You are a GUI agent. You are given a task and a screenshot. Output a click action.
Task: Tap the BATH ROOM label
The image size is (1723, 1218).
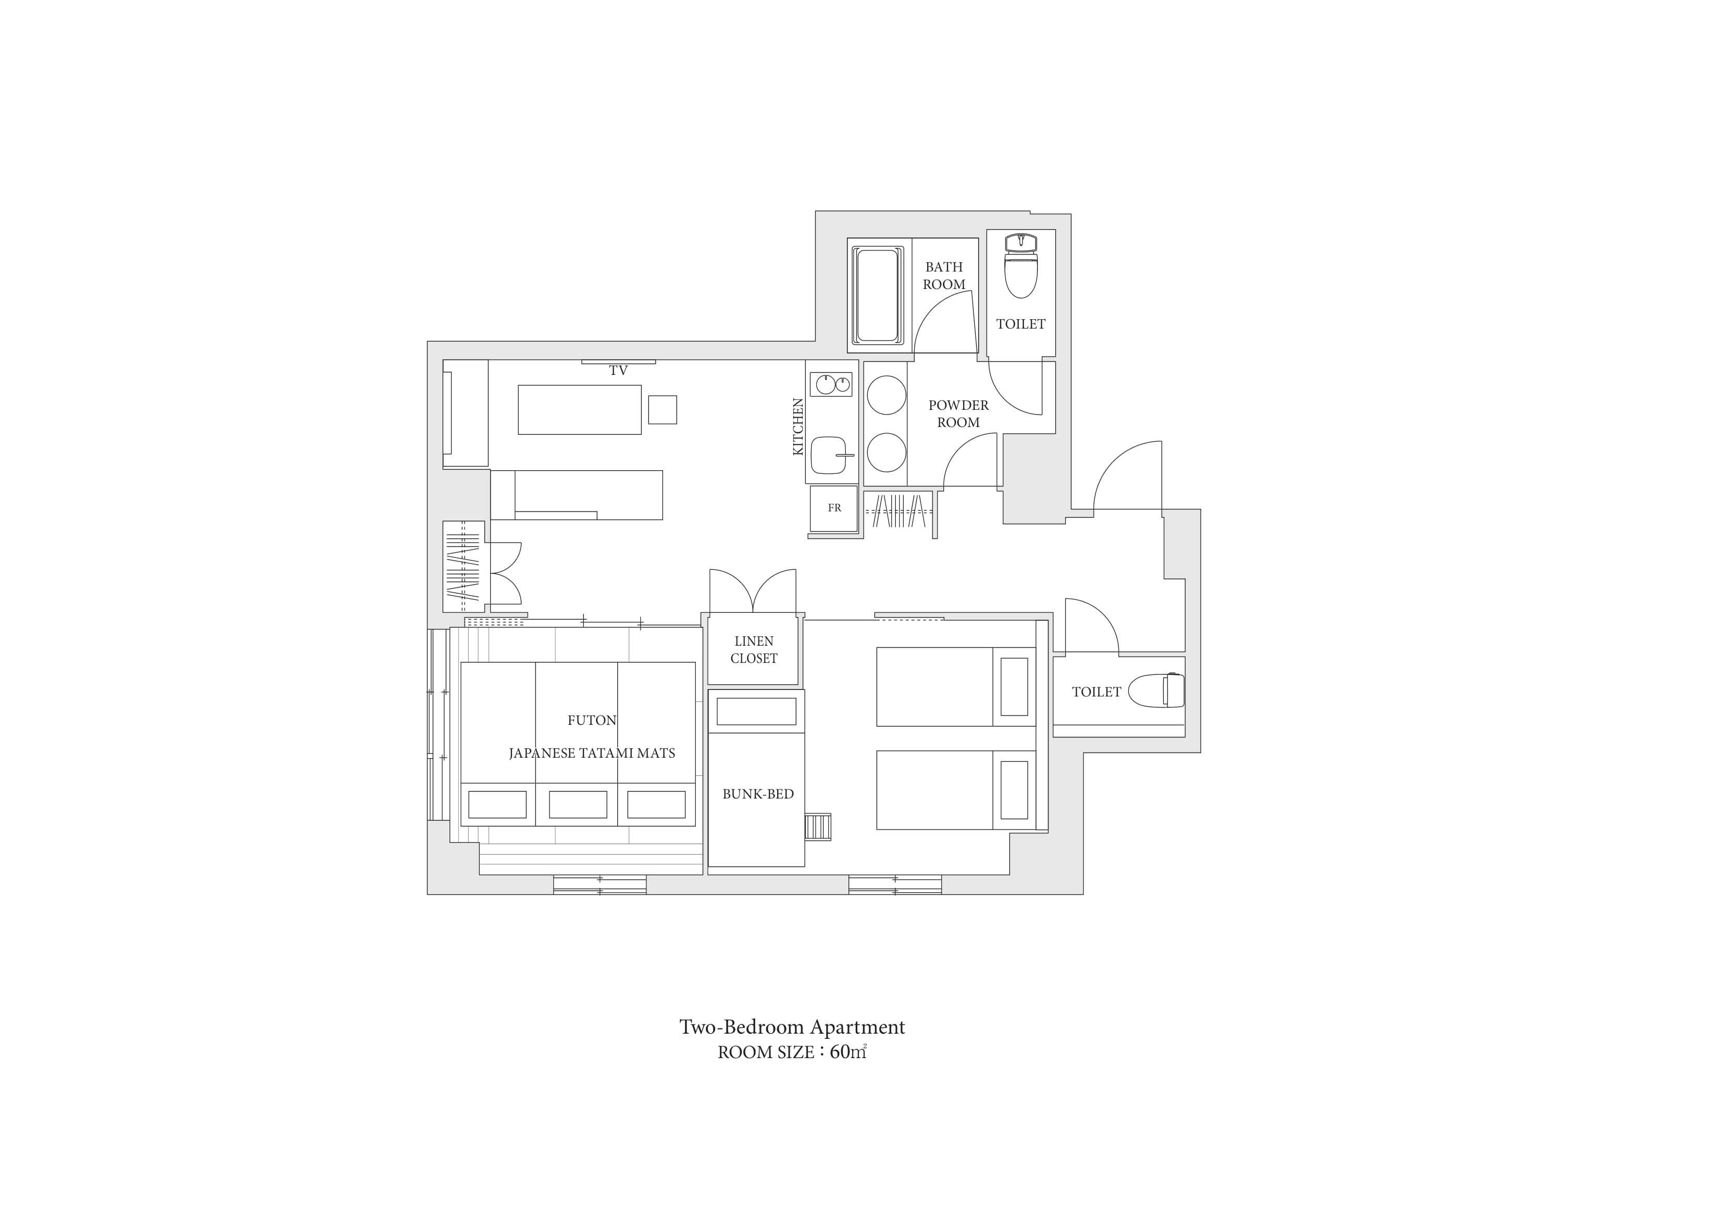coord(944,275)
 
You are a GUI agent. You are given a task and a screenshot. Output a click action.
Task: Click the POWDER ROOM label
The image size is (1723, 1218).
coord(958,413)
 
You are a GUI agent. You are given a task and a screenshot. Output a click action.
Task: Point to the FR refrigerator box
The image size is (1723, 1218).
coord(834,508)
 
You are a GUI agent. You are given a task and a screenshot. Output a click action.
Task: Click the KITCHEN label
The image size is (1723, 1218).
coord(798,426)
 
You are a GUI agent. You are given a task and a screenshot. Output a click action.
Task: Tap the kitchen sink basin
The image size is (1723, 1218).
coord(829,455)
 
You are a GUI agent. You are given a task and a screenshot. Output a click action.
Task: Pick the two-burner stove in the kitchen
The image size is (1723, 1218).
coord(831,385)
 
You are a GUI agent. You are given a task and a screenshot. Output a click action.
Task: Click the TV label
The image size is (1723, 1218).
coord(618,371)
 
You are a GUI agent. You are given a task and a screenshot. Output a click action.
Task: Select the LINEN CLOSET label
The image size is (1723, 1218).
coord(754,650)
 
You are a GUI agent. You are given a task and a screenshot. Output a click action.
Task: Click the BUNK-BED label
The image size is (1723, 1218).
coord(758,794)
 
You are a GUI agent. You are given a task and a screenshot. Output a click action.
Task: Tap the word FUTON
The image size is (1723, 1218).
coord(592,721)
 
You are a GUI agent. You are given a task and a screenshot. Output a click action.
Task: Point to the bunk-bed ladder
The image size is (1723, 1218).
coord(818,826)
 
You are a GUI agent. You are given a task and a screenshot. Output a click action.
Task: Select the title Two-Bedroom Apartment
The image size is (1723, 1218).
coord(792,1027)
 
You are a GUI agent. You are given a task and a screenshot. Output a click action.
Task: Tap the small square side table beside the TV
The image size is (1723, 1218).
coord(663,410)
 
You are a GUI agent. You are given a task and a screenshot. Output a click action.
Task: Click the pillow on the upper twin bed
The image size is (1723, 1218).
coord(1014,687)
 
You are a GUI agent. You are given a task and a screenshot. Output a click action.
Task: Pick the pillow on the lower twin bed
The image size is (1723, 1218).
coord(1014,790)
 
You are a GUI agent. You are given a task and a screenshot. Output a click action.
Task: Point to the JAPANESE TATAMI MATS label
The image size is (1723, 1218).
coord(592,754)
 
